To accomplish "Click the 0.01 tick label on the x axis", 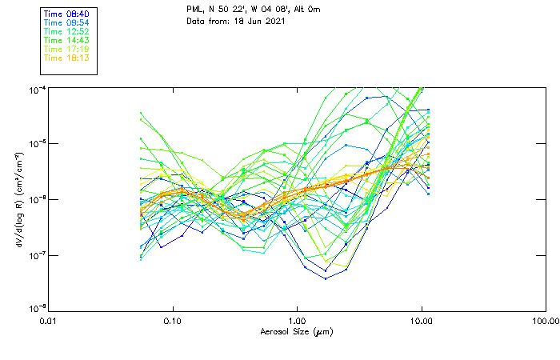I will (49, 320).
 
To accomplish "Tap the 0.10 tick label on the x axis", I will (173, 320).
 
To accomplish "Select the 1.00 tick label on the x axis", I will (297, 320).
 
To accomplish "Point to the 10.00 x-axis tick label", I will (421, 320).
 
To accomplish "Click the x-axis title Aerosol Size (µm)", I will (296, 331).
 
